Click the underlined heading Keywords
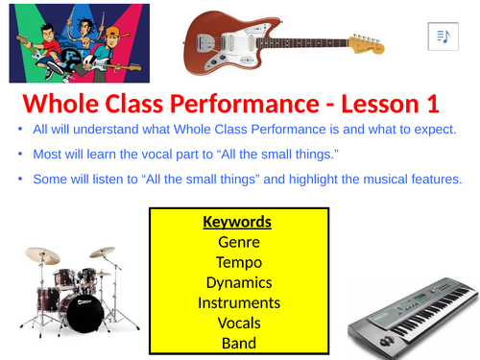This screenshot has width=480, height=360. [x=237, y=223]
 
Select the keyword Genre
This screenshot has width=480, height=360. [x=237, y=243]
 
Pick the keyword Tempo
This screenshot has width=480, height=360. [x=237, y=263]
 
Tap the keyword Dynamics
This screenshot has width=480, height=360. [x=237, y=283]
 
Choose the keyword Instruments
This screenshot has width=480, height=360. [x=237, y=303]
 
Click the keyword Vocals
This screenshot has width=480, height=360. [x=237, y=324]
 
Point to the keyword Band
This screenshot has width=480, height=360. [x=237, y=343]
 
